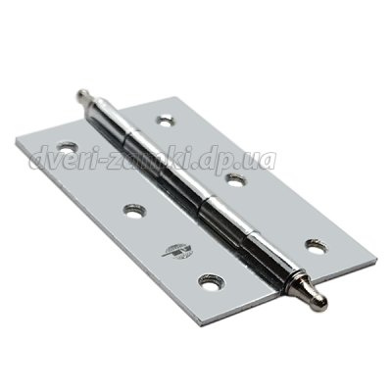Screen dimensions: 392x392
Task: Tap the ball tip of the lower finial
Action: (x=321, y=301)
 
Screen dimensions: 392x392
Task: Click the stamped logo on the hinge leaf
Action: (x=177, y=251)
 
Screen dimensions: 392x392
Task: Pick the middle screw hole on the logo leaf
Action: (x=134, y=212)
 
